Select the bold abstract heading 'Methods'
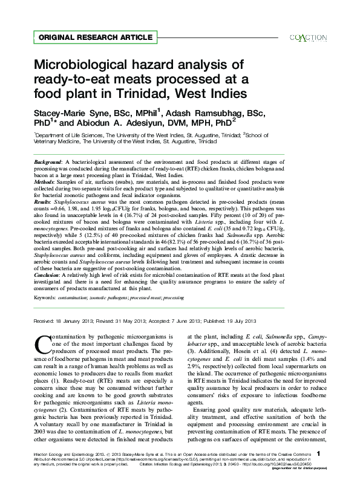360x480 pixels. tap(44, 180)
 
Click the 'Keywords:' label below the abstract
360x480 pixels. tap(47, 298)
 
